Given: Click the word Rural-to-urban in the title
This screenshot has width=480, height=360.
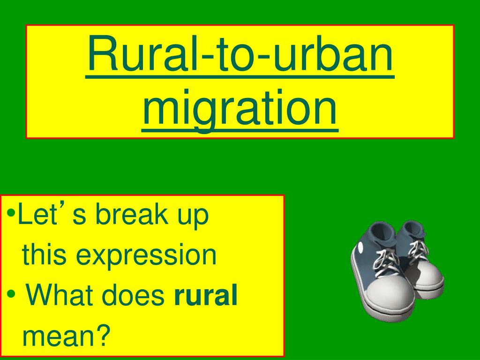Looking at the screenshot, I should click(x=240, y=59).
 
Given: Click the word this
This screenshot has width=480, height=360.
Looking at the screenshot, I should click(x=44, y=255).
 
